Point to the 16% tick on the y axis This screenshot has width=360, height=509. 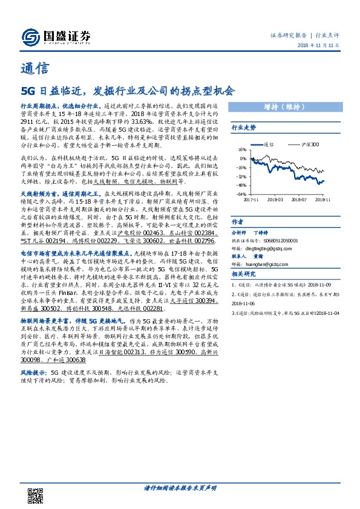coord(242,149)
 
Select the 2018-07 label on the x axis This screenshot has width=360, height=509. coord(298,198)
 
